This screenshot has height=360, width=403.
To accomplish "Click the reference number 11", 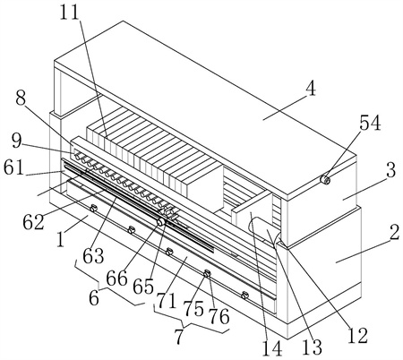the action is click(70, 13).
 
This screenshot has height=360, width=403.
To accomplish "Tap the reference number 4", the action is click(311, 89).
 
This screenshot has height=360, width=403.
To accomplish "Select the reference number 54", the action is click(370, 124).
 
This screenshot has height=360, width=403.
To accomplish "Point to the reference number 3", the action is click(390, 169).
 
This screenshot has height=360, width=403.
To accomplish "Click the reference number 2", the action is click(394, 232).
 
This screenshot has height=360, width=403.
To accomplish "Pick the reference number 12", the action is click(357, 335).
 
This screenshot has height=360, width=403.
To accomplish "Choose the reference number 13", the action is click(313, 347).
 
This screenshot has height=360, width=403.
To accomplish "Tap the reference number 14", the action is click(272, 348).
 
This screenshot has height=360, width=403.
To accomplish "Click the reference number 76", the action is click(219, 317).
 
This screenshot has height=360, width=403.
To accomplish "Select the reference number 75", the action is click(193, 309).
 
